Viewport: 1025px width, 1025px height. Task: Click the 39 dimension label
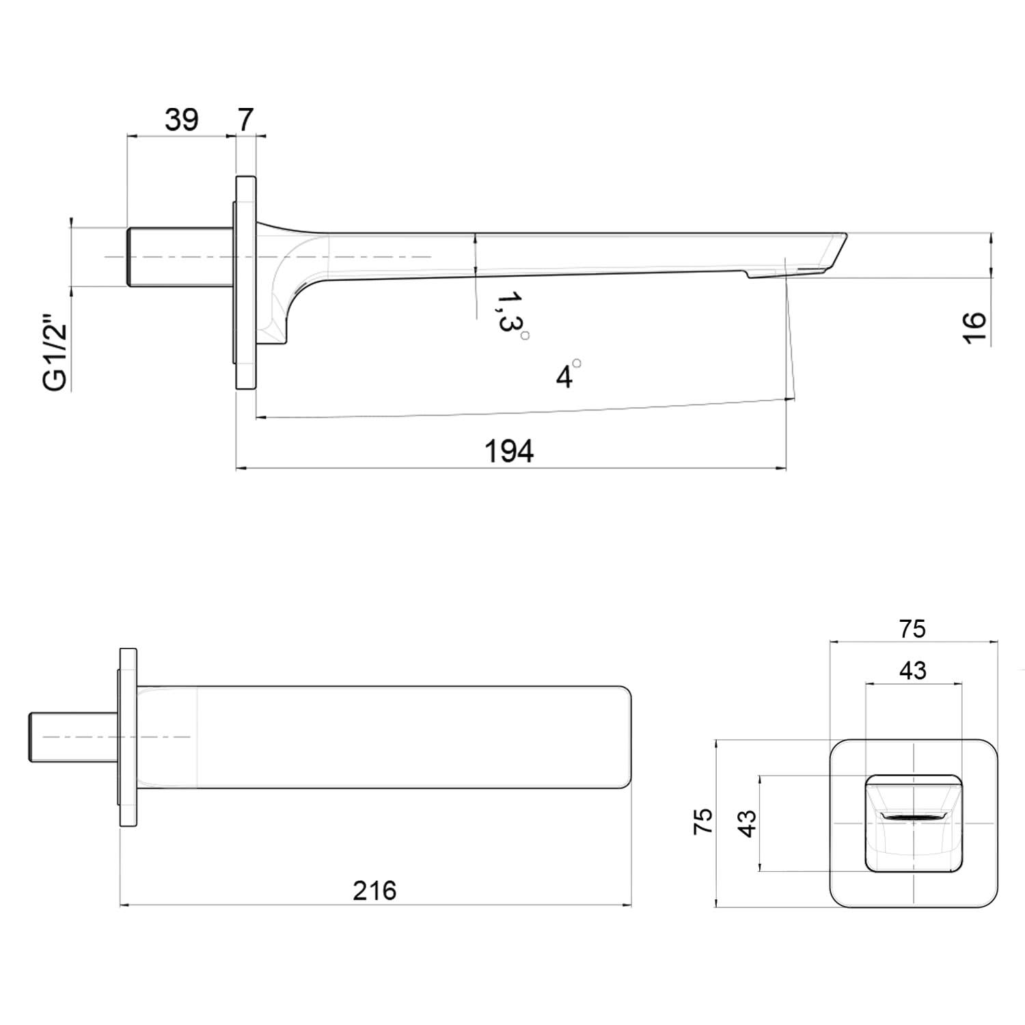pyautogui.click(x=182, y=120)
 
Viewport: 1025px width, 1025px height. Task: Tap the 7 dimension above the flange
pyautogui.click(x=245, y=120)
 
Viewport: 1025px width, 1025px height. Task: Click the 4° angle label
pyautogui.click(x=568, y=374)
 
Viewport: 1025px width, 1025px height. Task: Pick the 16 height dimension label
pyautogui.click(x=975, y=329)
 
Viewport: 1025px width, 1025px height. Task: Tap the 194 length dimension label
pyautogui.click(x=509, y=452)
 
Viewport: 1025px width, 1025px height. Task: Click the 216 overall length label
pyautogui.click(x=374, y=890)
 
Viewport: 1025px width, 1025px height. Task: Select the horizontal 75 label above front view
pyautogui.click(x=912, y=629)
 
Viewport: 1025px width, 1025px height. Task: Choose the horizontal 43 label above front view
pyautogui.click(x=913, y=671)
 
